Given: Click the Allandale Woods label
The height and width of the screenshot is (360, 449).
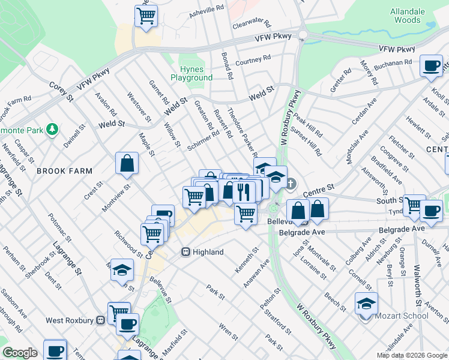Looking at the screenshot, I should coord(408,16).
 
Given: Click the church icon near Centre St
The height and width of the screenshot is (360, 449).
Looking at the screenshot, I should coord(291,183).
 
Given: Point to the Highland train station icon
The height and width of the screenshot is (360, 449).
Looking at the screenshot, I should coord(186,252).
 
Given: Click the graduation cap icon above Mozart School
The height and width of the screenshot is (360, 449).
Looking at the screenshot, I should coord(366,304).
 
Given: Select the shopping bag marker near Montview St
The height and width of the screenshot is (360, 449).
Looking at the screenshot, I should coord(127,163).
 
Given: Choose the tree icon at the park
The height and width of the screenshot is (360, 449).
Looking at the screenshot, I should coord(53,128).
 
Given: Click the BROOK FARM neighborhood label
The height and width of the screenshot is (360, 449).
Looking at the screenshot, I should coord(58,171).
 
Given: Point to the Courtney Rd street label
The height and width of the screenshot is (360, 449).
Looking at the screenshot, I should coord(253,60).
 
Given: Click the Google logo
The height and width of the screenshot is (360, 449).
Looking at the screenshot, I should coord(20,353).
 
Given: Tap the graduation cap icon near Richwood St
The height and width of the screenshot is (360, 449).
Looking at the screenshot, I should coord(122,270).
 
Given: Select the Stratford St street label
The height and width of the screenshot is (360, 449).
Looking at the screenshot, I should coord(280,323).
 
